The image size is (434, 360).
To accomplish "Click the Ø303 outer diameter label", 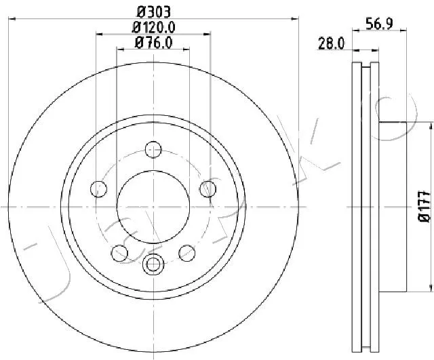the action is (154, 12).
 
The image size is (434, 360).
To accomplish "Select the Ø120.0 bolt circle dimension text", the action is (154, 27).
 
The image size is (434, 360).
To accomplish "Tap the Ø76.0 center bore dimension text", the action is (154, 43).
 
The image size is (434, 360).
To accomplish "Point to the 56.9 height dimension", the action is (379, 24).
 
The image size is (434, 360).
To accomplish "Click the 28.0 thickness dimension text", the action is (332, 43).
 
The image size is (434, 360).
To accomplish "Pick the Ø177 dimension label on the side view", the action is (425, 206).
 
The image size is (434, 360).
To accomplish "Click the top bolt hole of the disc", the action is (153, 149).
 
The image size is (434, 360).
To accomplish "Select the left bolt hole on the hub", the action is (98, 189).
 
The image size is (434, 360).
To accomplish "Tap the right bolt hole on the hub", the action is (208, 189).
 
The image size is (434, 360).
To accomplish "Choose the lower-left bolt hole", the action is (119, 253).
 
